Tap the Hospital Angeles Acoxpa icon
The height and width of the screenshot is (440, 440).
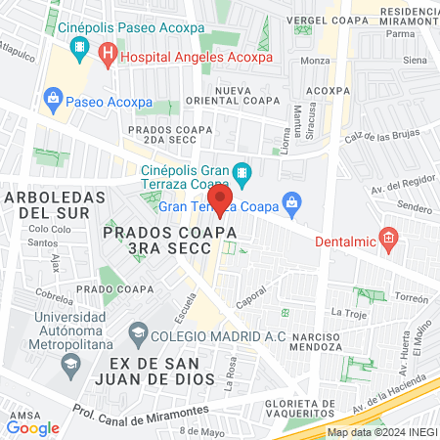pos(108,58)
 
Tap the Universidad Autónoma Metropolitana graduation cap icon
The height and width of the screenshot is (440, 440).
pos(69,366)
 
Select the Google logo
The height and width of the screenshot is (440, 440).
pos(32,427)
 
